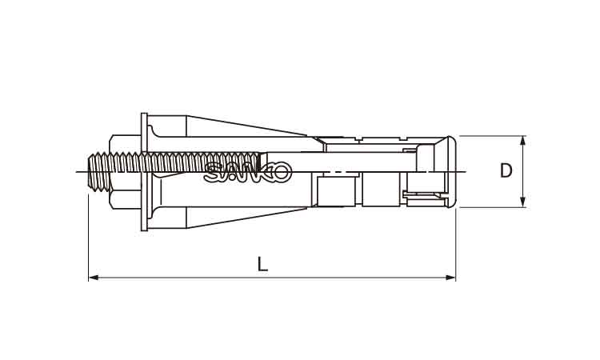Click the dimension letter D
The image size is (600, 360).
pos(506,170)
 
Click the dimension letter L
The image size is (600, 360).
pos(262,264)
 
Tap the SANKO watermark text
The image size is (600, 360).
pos(248,172)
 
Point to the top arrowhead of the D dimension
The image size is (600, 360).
pos(523,141)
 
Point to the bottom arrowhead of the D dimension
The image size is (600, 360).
pos(523,202)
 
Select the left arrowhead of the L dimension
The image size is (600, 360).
pos(94,278)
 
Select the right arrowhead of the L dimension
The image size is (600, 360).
pos(450,278)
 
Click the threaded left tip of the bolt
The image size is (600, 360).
pos(92,171)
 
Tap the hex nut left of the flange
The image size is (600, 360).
pos(125,171)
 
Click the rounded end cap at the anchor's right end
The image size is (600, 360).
pos(451,171)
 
